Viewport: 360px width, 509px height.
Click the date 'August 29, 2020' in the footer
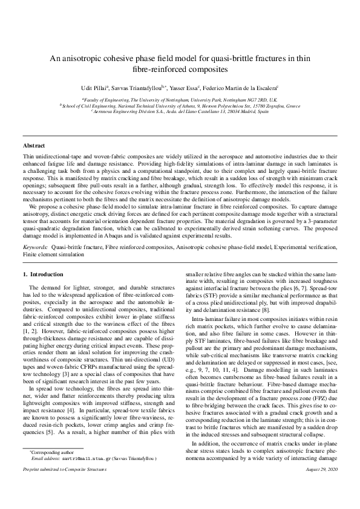[x=320, y=486]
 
